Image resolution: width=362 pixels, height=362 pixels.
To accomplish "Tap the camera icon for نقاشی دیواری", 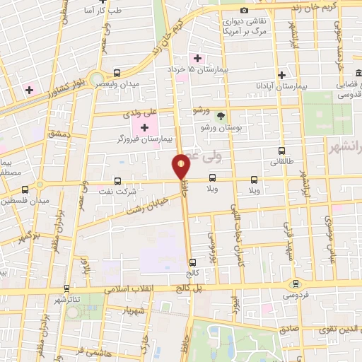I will pyautogui.click(x=244, y=10).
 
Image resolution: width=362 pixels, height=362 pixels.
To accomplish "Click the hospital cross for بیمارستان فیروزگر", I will pyautogui.click(x=146, y=127).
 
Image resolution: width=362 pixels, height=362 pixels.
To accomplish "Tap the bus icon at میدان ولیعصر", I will pyautogui.click(x=117, y=72).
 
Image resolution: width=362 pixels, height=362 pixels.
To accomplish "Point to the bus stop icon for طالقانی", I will pyautogui.click(x=282, y=151).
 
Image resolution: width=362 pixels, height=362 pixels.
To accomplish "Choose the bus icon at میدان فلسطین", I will pyautogui.click(x=25, y=189).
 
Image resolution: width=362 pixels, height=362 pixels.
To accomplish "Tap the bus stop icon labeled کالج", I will pyautogui.click(x=192, y=262).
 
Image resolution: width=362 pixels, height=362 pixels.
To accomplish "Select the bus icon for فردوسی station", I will pyautogui.click(x=296, y=284).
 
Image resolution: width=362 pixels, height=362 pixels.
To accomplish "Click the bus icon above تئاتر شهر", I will pyautogui.click(x=66, y=288).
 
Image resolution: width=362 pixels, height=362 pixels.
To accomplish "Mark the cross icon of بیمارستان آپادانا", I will pyautogui.click(x=281, y=74).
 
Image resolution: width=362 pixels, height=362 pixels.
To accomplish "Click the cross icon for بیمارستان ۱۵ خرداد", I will pyautogui.click(x=197, y=57).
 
